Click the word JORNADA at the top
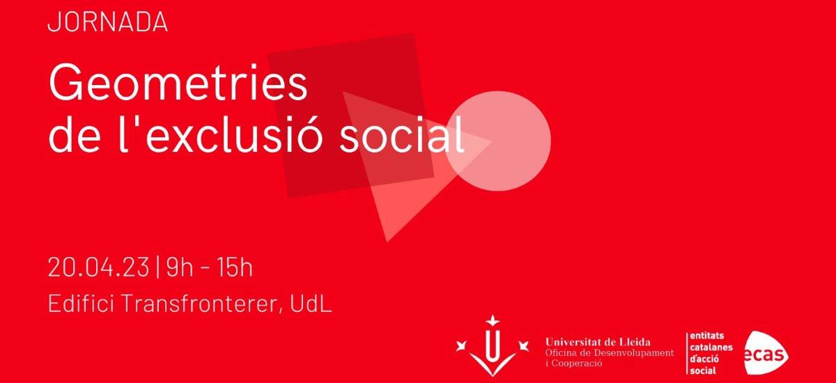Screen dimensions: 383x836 click(x=107, y=22)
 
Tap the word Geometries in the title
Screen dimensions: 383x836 click(x=178, y=86)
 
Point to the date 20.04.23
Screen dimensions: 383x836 click(x=98, y=267)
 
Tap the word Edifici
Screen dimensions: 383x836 click(x=77, y=304)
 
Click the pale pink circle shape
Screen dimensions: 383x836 click(x=498, y=140)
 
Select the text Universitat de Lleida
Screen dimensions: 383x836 click(x=598, y=342)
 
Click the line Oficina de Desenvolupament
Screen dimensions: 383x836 click(x=610, y=353)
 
